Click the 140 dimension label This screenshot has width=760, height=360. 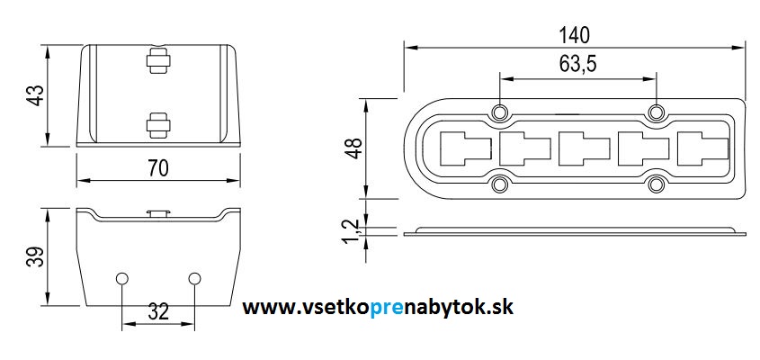click(575, 35)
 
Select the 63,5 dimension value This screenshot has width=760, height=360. click(577, 64)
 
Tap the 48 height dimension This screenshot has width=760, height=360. click(354, 148)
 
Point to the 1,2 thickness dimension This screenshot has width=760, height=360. click(353, 231)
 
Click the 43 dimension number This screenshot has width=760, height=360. click(36, 95)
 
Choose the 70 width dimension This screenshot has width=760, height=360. click(158, 168)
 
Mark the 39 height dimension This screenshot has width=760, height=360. click(36, 257)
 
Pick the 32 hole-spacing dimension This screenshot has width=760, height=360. click(158, 311)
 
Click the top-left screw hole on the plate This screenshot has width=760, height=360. click(499, 112)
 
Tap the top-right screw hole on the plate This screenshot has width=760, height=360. click(656, 112)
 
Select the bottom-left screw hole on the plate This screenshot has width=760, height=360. click(499, 184)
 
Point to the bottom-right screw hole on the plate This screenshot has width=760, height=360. click(656, 184)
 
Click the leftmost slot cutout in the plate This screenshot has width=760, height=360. click(465, 148)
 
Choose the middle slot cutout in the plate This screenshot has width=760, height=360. click(584, 148)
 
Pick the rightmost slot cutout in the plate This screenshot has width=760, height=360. click(702, 148)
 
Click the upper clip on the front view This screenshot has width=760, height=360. click(158, 60)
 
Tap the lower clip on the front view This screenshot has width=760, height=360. click(158, 125)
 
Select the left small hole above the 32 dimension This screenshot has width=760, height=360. click(121, 278)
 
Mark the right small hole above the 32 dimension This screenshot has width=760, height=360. click(194, 278)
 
